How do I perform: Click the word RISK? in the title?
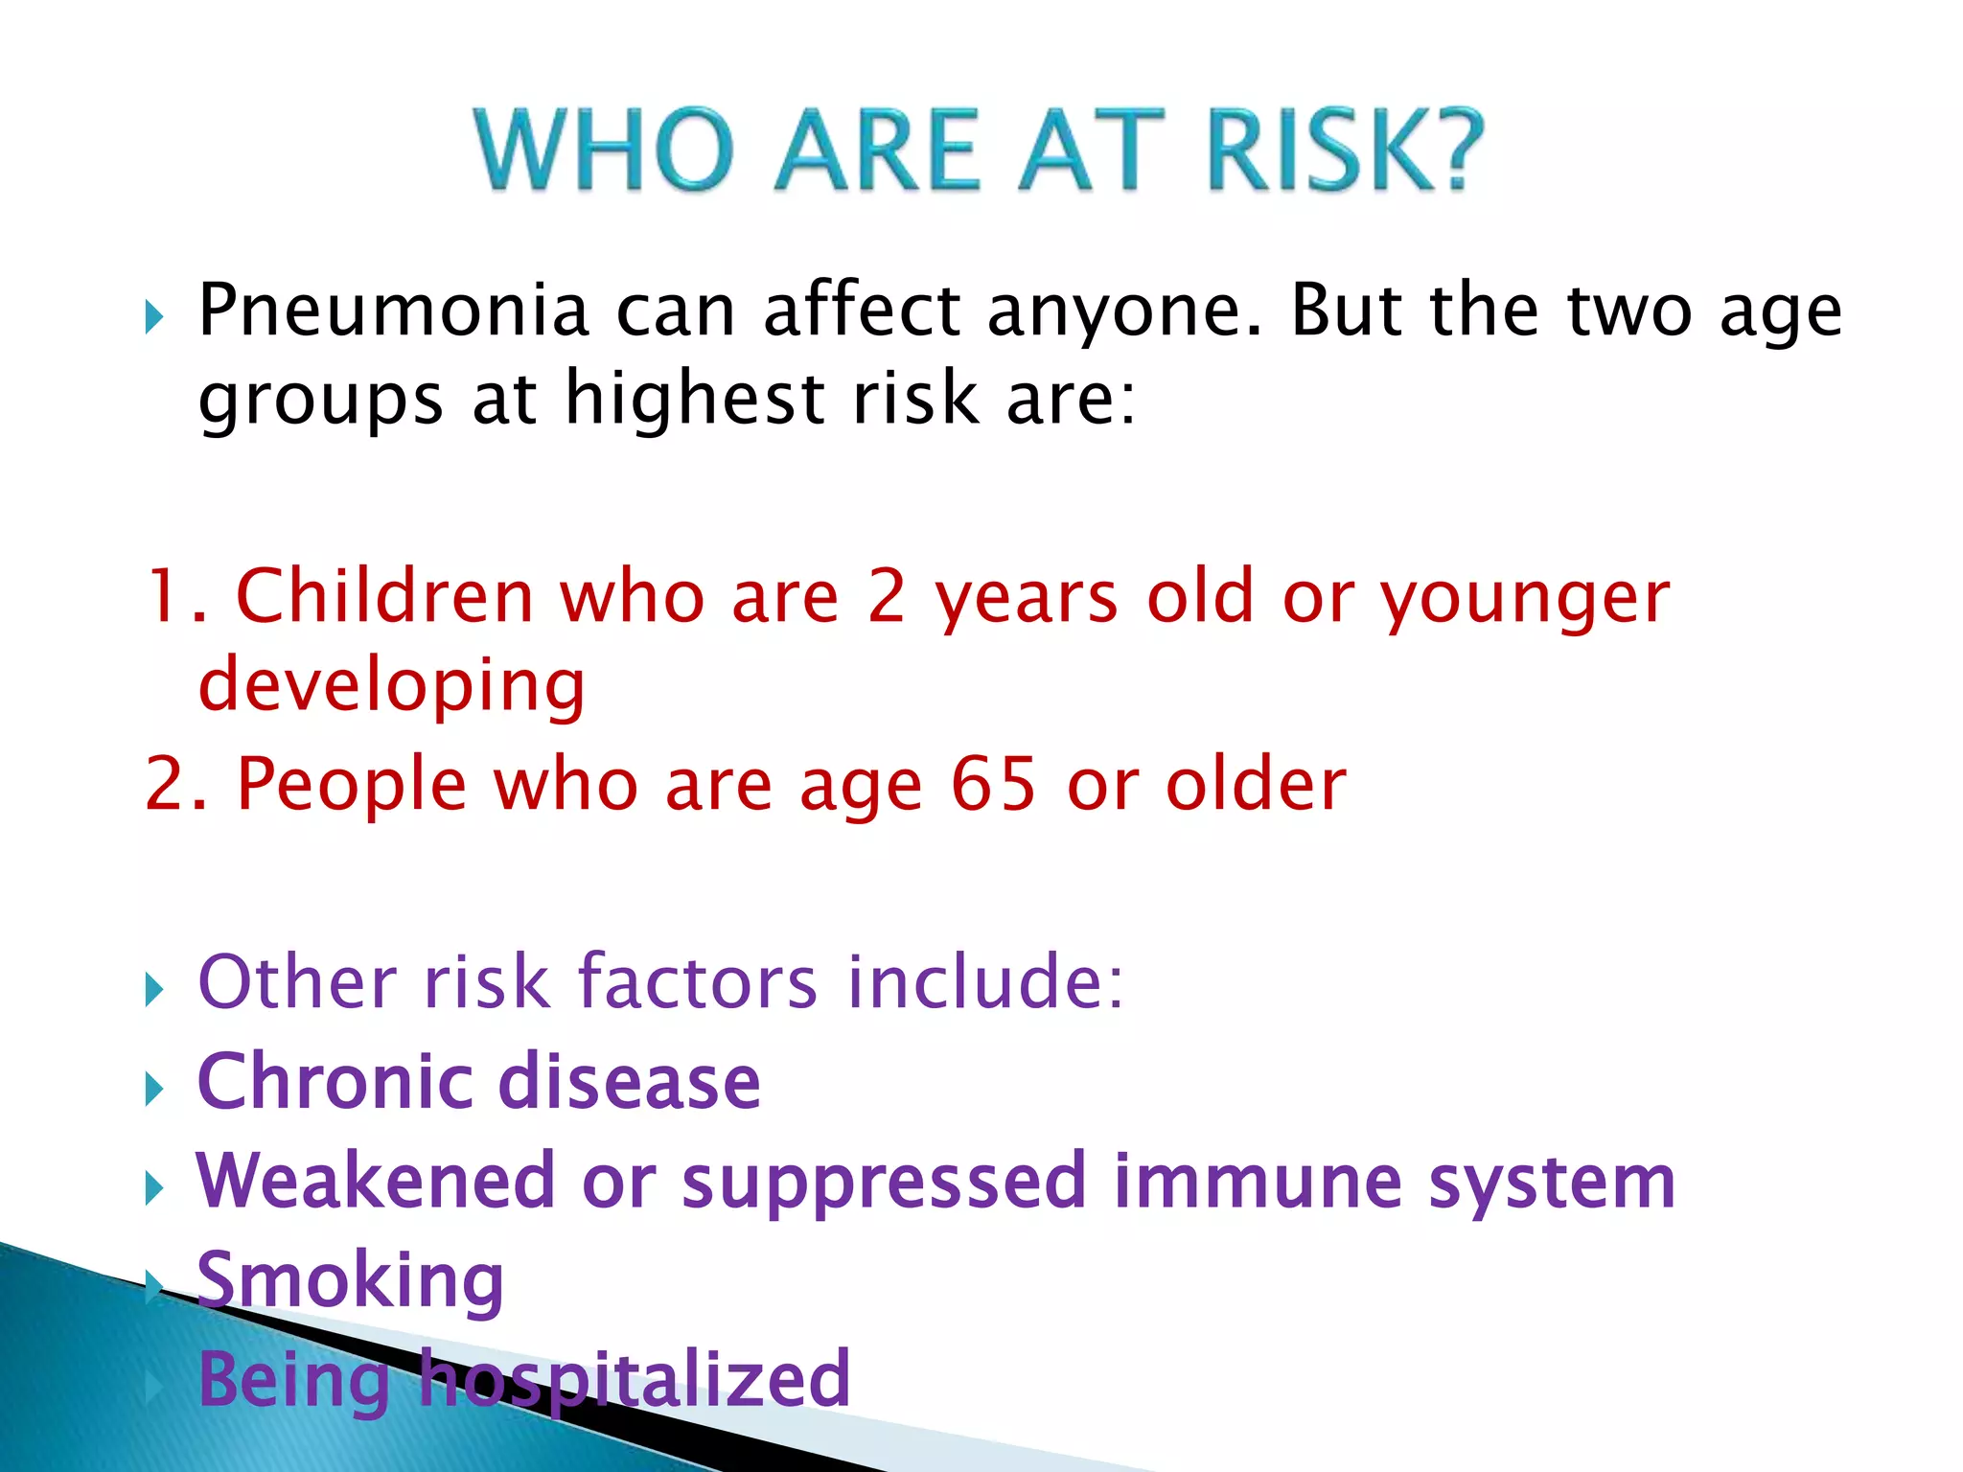click(x=1345, y=150)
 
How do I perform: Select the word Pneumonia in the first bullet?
click(x=393, y=310)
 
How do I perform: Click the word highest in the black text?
click(x=695, y=399)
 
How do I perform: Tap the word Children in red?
click(x=383, y=596)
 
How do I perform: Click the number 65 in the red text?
click(x=993, y=784)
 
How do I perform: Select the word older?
click(x=1256, y=784)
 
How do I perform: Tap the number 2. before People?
click(x=175, y=784)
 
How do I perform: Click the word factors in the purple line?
click(x=698, y=981)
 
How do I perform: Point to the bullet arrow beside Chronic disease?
click(x=154, y=1089)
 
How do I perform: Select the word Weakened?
click(x=376, y=1181)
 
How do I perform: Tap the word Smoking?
click(x=351, y=1280)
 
